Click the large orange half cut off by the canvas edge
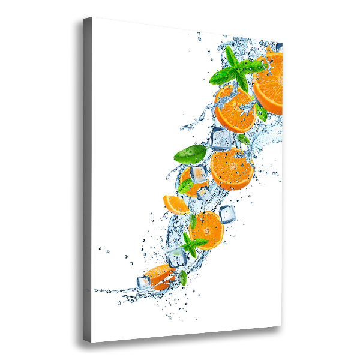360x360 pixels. (x=269, y=84)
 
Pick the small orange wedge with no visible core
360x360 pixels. (x=175, y=204)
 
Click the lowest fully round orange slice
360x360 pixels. (x=206, y=229)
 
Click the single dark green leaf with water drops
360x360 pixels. (x=190, y=154)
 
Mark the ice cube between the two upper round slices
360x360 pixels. (x=220, y=139)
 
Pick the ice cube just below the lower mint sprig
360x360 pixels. (x=177, y=257)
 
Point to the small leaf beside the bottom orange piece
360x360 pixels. (x=184, y=278)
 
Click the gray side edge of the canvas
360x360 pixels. (x=88, y=180)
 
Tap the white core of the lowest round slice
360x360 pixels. (x=206, y=229)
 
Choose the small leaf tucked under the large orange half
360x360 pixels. (x=261, y=111)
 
